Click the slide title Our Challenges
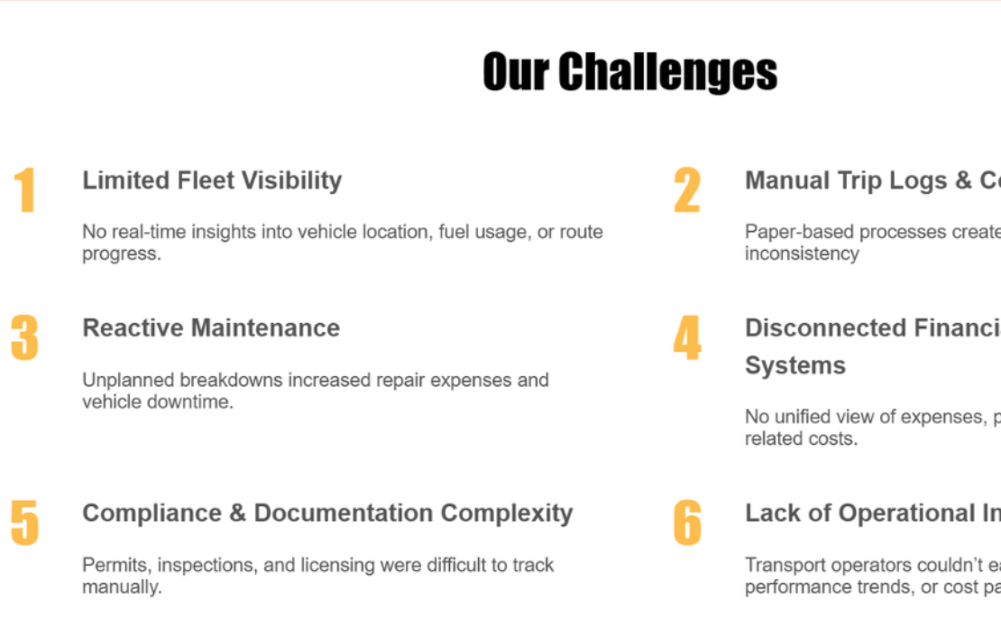click(x=629, y=72)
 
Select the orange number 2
click(x=686, y=190)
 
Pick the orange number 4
click(x=686, y=338)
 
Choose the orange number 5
click(x=24, y=522)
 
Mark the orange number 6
click(x=686, y=522)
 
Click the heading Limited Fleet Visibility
click(x=212, y=180)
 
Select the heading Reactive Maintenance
click(x=211, y=328)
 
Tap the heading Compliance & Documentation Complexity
click(x=327, y=513)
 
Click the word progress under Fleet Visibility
click(x=120, y=254)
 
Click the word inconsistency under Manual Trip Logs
click(x=801, y=254)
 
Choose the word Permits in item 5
click(x=109, y=565)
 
